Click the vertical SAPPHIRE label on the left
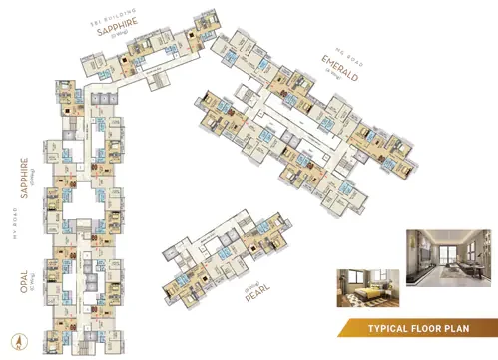(22, 174)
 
